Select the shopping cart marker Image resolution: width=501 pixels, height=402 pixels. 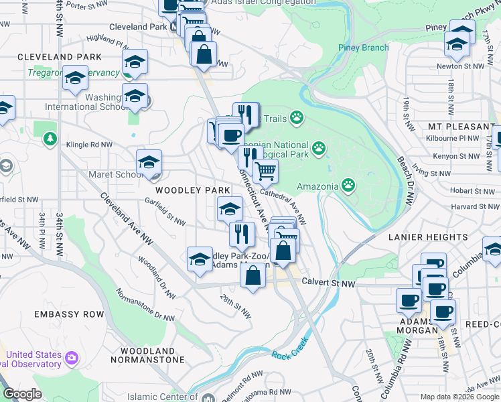pos(266,172)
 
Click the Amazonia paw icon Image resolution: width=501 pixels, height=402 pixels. pos(349,184)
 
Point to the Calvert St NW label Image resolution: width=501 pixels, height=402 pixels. pos(328,284)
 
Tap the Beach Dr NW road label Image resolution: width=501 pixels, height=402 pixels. pos(406,181)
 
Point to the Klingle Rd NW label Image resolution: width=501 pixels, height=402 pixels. pos(88,144)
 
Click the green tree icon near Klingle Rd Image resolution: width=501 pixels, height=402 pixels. pos(50,139)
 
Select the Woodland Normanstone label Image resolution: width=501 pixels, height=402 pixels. pos(148,356)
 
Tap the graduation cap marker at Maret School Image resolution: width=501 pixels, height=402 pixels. pos(149,162)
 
